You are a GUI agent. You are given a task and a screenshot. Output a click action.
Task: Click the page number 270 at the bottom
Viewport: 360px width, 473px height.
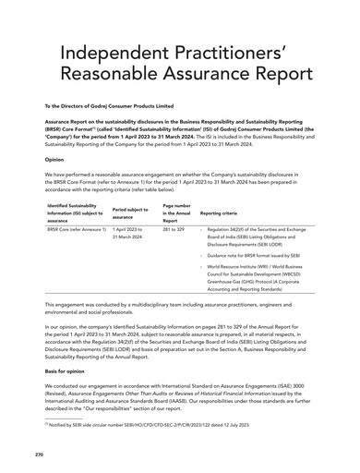40,454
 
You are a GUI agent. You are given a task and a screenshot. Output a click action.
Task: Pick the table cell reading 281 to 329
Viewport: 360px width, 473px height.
174,228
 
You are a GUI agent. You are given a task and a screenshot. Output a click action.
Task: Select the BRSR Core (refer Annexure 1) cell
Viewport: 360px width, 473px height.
76,228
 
